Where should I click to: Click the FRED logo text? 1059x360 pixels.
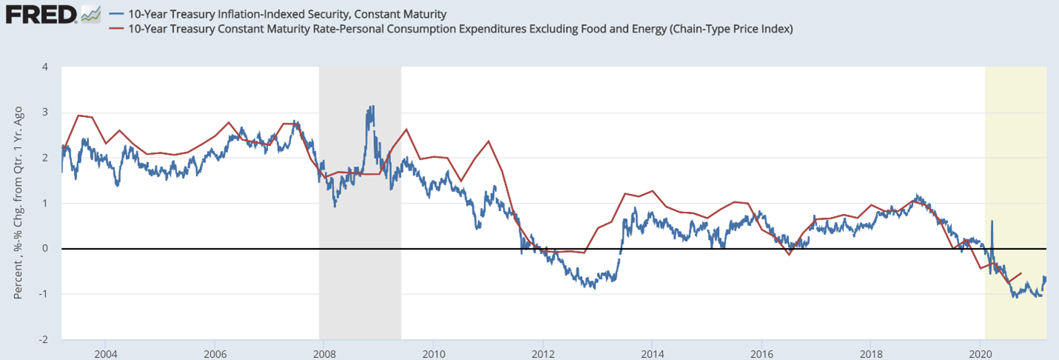tap(40, 14)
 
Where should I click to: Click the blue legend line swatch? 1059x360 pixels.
tap(117, 14)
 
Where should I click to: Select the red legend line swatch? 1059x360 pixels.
tap(117, 29)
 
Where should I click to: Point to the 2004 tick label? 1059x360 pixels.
tap(104, 351)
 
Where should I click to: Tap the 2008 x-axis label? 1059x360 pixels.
tap(324, 351)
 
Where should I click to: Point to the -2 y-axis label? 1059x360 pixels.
tap(43, 339)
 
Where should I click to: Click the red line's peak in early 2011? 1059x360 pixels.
tap(489, 141)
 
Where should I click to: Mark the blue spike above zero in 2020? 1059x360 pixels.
tap(992, 221)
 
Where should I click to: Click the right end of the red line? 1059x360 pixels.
tap(1022, 273)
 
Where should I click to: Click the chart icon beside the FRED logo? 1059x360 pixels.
tap(91, 14)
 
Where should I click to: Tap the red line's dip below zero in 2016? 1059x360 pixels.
tap(789, 254)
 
